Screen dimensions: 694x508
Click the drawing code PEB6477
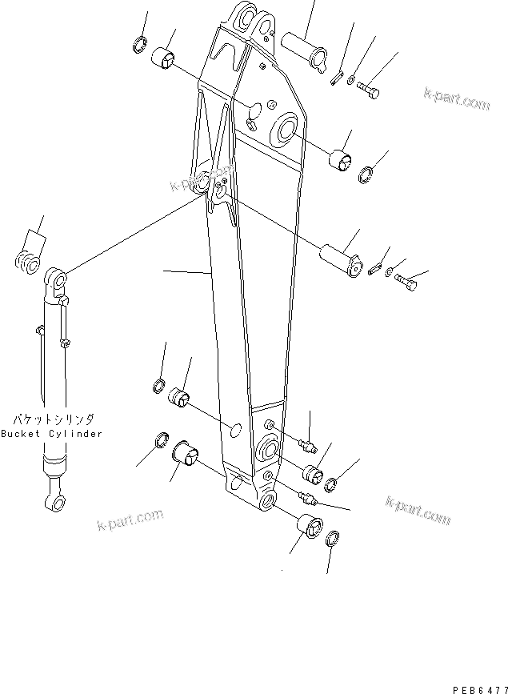(x=475, y=679)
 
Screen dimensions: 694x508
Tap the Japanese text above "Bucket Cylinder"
(x=53, y=419)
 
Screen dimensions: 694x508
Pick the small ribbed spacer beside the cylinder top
(x=29, y=262)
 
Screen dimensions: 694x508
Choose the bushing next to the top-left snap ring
(x=167, y=58)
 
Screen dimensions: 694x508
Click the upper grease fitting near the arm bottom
(x=309, y=443)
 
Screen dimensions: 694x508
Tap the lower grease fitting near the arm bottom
(x=307, y=499)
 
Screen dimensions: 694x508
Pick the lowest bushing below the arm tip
(x=308, y=528)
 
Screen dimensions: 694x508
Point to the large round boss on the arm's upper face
(x=286, y=128)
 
